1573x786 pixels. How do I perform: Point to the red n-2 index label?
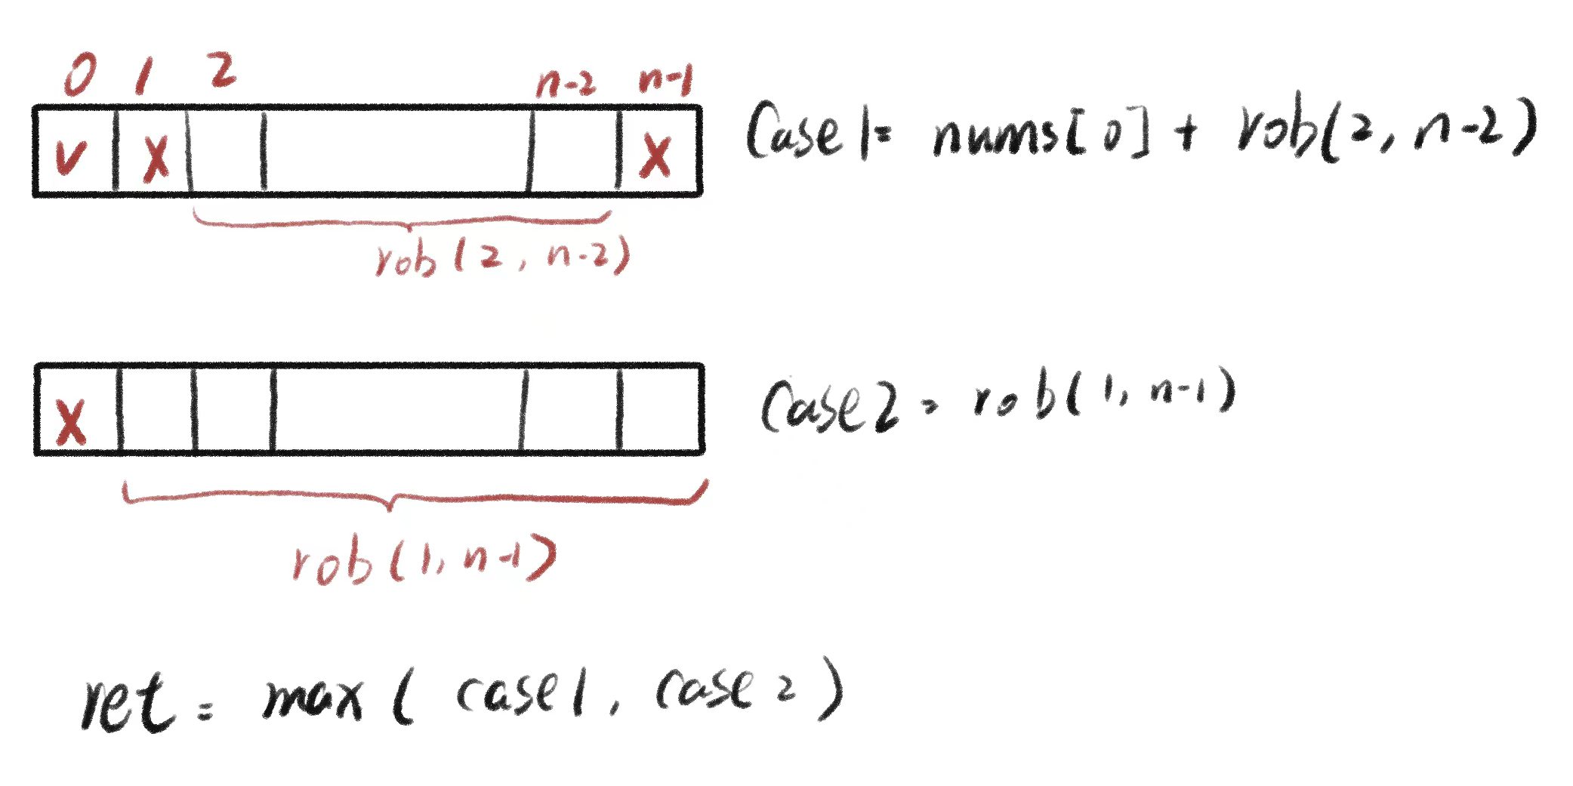click(x=566, y=82)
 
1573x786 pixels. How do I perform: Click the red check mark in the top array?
click(x=71, y=156)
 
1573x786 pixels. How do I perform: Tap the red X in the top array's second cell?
click(x=156, y=157)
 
